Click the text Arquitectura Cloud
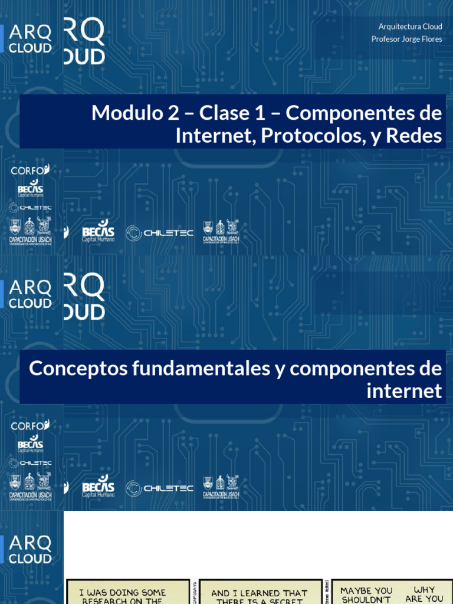tap(410, 27)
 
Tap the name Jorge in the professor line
tap(415, 39)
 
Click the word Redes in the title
tap(415, 136)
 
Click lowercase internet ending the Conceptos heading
tap(404, 390)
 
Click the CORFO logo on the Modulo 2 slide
tap(30, 170)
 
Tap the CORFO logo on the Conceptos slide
tap(30, 425)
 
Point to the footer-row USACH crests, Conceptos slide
tap(221, 487)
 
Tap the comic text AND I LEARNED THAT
tap(260, 593)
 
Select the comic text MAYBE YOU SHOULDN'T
tap(366, 594)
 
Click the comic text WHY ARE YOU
tap(424, 594)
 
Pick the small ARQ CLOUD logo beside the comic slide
tap(30, 550)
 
